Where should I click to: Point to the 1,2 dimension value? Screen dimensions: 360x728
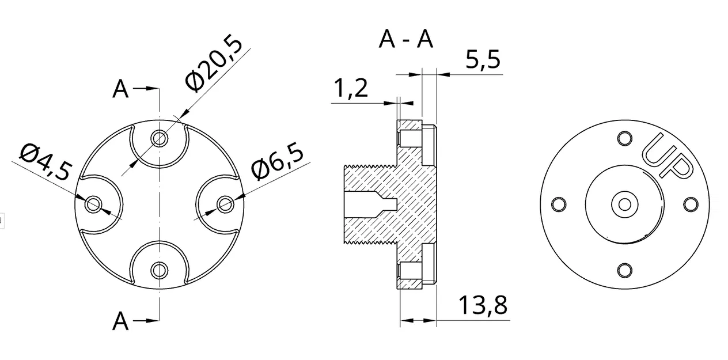coord(351,89)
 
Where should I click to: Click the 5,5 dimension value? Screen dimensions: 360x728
coord(483,59)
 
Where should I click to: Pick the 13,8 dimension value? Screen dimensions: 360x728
coord(483,305)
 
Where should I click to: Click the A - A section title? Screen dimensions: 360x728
coord(406,39)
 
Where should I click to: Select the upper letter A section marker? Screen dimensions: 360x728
coord(120,89)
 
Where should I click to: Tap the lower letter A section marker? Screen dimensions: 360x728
coord(120,321)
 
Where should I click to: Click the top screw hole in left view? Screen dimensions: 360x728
coord(160,138)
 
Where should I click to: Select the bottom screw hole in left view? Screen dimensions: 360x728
coord(160,270)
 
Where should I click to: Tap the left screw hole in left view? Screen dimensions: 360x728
coord(93,204)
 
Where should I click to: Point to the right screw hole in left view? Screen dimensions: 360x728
coord(226,204)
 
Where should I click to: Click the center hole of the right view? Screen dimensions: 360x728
coord(624,204)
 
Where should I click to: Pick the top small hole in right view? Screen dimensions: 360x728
coord(624,138)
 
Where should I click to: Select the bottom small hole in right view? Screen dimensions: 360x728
coord(624,270)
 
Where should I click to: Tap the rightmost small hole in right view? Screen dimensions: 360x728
coord(690,204)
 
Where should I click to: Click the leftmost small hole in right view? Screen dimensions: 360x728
coord(558,204)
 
